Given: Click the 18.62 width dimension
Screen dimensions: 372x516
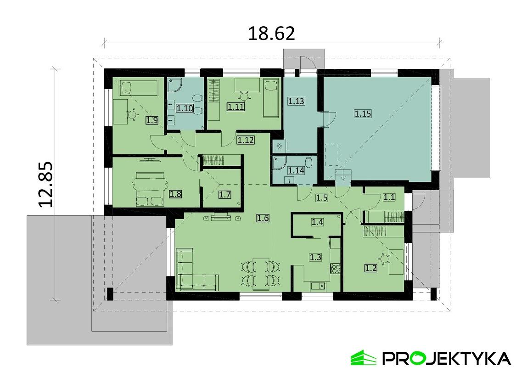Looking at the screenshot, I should (271, 33).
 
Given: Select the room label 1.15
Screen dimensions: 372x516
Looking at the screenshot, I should (362, 113).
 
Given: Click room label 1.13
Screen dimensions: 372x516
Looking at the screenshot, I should (296, 101).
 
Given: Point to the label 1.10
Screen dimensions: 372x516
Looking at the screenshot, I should (185, 108).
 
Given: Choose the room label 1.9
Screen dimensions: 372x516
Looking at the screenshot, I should (152, 121).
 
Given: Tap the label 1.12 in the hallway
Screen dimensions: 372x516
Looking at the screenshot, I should (246, 140).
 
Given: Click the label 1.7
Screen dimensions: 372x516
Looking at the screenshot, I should (224, 194).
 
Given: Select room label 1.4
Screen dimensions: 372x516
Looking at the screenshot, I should (317, 222).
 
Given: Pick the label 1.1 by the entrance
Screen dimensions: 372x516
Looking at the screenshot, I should (389, 197).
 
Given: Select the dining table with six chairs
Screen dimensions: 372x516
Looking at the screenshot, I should (261, 274).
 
